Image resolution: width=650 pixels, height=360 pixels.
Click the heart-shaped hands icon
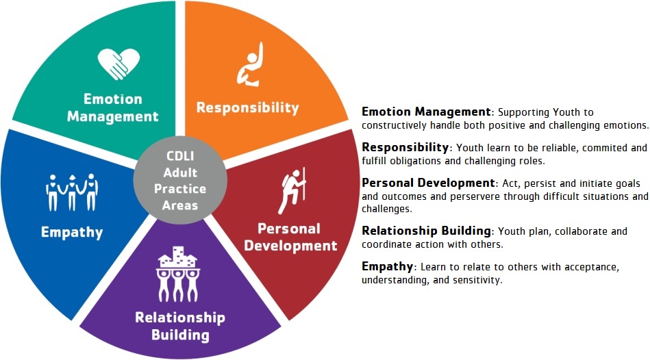(x=118, y=64)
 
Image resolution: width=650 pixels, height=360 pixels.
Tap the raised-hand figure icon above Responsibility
(x=250, y=64)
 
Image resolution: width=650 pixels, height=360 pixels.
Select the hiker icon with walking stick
(x=292, y=190)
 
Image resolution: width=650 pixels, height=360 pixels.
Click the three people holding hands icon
(x=72, y=192)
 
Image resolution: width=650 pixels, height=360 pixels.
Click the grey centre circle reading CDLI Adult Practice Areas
(x=180, y=180)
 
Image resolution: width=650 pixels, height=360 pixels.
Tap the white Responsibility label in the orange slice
(x=247, y=107)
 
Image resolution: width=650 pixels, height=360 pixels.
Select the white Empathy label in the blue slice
(x=72, y=233)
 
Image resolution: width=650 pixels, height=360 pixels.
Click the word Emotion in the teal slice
(x=113, y=99)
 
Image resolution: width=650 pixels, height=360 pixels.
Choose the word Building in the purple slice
(x=180, y=335)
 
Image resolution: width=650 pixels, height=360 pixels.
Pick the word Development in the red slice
(x=290, y=246)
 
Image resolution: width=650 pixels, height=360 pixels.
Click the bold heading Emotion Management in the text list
(x=426, y=112)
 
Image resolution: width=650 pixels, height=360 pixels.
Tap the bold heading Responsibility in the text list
(x=405, y=147)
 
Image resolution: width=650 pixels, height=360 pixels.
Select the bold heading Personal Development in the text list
(x=428, y=183)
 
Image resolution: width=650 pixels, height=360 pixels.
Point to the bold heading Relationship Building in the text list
(x=426, y=231)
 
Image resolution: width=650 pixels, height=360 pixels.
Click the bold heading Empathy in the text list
(x=387, y=266)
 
